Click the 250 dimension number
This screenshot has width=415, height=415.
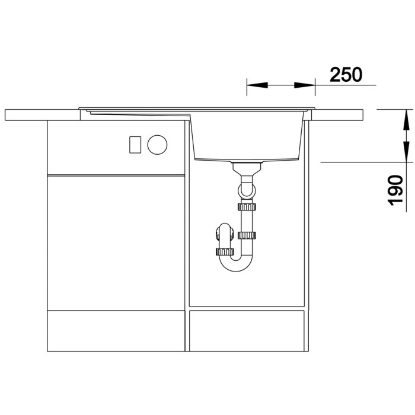point(346,74)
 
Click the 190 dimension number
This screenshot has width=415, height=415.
point(395,190)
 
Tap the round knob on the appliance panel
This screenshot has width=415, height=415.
point(158,145)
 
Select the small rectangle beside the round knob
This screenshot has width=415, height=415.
point(135,145)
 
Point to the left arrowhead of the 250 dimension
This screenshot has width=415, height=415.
point(257,85)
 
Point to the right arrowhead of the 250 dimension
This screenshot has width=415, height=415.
point(305,85)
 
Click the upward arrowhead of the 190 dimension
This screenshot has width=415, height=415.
point(406,120)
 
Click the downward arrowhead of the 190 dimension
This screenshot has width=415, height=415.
point(406,151)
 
